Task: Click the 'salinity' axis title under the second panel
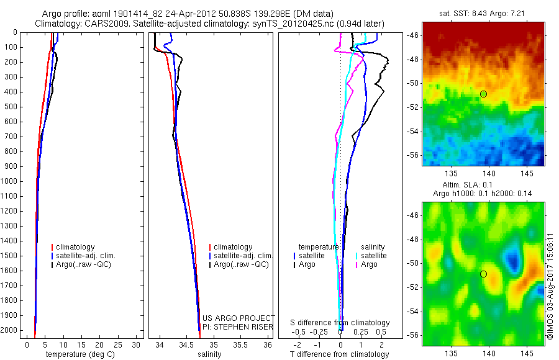click(209, 354)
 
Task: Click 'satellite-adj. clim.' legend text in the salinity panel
click(243, 256)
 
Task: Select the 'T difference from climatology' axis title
click(340, 354)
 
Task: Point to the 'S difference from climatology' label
click(340, 323)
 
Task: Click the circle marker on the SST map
click(483, 94)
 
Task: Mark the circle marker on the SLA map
click(483, 274)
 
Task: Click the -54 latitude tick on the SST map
click(415, 132)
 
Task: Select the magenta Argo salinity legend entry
click(369, 264)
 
